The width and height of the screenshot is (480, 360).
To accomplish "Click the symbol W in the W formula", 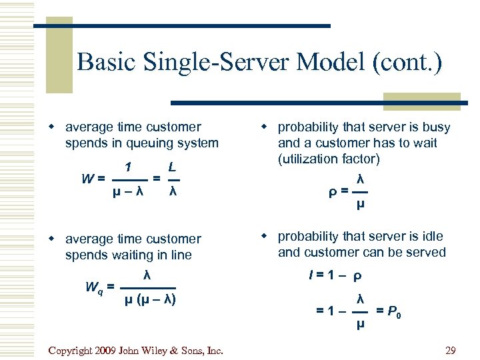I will (x=86, y=179).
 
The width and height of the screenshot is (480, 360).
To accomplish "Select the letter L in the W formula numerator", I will (x=172, y=166).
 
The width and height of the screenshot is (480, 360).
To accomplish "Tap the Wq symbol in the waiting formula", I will (x=94, y=287).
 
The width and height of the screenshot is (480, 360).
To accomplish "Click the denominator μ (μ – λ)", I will (x=150, y=299).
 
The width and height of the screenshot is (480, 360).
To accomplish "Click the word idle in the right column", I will (x=431, y=236).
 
